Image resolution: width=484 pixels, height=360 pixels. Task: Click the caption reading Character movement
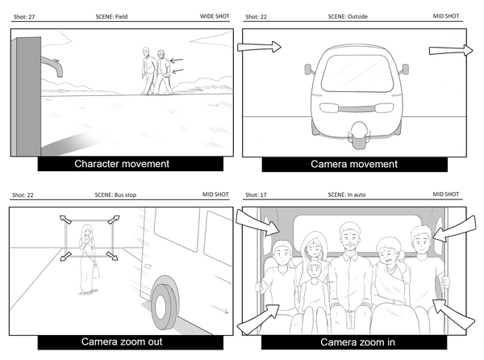pos(122,164)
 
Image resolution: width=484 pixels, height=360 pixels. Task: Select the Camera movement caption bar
pos(354,164)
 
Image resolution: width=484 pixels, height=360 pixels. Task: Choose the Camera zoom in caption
pos(354,341)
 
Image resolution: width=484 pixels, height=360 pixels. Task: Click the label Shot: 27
pos(25,16)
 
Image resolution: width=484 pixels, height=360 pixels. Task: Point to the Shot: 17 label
pos(252,195)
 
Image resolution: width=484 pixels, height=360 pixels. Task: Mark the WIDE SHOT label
pos(214,16)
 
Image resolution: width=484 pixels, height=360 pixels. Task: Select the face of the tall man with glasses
pos(349,240)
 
